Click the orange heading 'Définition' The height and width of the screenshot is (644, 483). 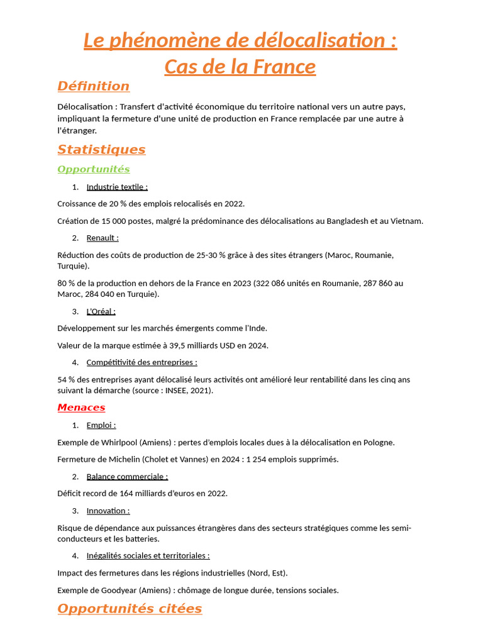pos(93,86)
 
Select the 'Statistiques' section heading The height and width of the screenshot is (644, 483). pos(101,149)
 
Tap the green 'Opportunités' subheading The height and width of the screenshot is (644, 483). pos(93,169)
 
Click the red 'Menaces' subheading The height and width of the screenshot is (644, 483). pos(81,408)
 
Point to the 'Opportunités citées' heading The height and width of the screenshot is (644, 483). pos(130,608)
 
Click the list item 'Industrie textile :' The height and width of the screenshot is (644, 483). pos(117,187)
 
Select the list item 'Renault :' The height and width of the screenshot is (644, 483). pos(103,238)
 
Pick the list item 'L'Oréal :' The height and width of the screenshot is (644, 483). pos(101,311)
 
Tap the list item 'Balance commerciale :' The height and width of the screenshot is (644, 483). pos(127,477)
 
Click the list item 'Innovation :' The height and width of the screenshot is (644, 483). pos(108,511)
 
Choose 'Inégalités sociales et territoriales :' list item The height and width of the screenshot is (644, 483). pos(148,555)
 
